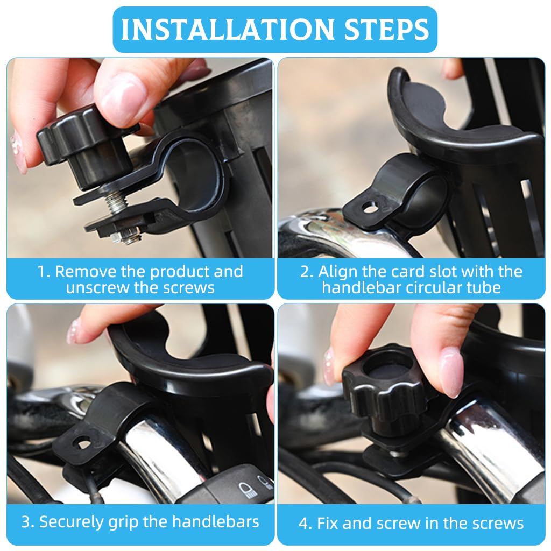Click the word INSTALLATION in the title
click(x=217, y=30)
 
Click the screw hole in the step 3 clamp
click(x=82, y=443)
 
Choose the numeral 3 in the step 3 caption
click(x=26, y=521)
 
